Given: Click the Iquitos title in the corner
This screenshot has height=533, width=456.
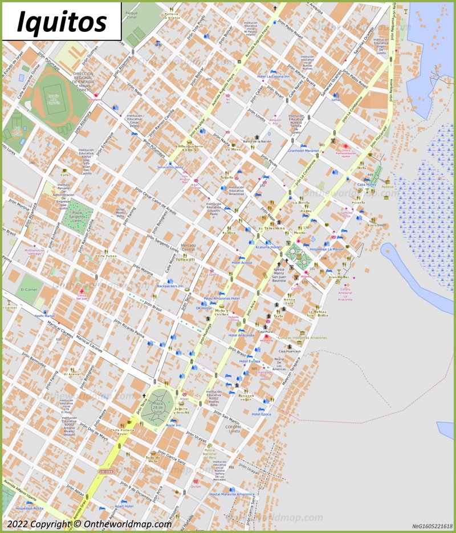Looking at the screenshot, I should (x=62, y=22).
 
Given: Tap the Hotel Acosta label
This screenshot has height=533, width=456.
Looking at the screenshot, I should (x=242, y=263).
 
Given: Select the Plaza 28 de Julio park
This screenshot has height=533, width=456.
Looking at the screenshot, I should (x=157, y=405).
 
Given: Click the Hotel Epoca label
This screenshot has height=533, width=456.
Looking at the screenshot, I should (x=261, y=414).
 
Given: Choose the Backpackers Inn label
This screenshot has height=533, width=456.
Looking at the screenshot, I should (x=170, y=286).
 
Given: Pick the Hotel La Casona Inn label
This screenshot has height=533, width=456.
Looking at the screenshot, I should (x=273, y=76).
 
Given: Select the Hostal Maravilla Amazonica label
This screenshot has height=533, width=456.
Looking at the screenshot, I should (x=231, y=494).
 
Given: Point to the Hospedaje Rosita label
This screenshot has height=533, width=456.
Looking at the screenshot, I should (x=29, y=508).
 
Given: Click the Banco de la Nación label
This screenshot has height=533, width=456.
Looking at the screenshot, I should (x=257, y=141).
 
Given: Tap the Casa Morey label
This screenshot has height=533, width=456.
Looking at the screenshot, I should (x=367, y=185).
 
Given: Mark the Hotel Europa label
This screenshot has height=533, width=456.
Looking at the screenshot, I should (x=250, y=361).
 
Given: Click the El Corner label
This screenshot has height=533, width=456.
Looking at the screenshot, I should (x=28, y=290).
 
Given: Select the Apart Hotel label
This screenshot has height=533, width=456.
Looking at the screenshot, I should (x=124, y=506).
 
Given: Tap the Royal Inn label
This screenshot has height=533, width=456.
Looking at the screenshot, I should (x=173, y=425).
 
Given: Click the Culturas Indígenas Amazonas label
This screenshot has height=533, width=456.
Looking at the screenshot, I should (x=303, y=337).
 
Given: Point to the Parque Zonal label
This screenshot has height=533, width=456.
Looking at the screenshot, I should (x=132, y=14).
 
